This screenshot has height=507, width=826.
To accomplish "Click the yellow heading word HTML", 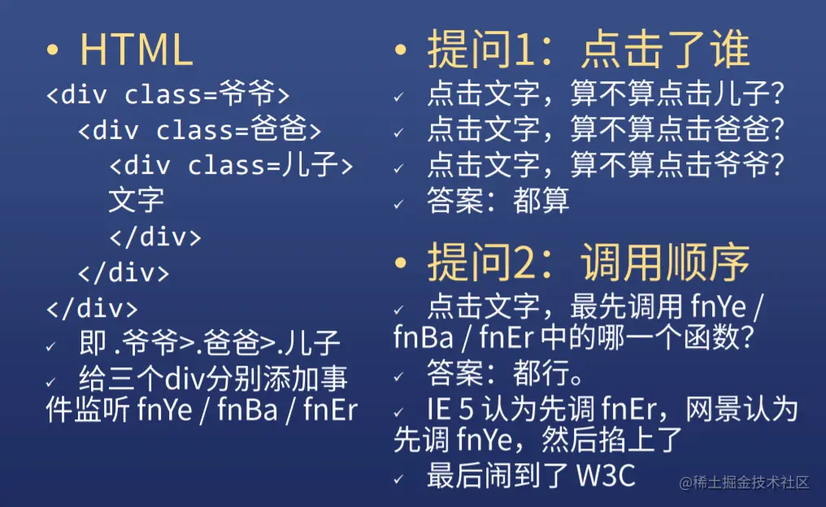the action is pyautogui.click(x=136, y=50).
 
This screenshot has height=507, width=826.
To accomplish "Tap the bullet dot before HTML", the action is pyautogui.click(x=52, y=50).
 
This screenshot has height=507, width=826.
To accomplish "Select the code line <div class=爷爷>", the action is pyautogui.click(x=168, y=93).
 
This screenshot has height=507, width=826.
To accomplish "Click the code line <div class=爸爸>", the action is pyautogui.click(x=200, y=129).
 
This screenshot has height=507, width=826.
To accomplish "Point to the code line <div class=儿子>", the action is pyautogui.click(x=231, y=165).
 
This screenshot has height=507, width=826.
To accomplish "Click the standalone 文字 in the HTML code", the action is pyautogui.click(x=136, y=200).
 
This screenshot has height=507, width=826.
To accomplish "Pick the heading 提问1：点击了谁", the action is pyautogui.click(x=589, y=49).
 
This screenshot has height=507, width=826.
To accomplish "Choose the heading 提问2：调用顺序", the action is pyautogui.click(x=589, y=262).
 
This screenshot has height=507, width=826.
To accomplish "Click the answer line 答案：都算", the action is pyautogui.click(x=498, y=201).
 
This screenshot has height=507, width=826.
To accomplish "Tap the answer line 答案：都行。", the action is pyautogui.click(x=505, y=373).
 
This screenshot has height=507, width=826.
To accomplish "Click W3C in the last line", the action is pyautogui.click(x=606, y=476).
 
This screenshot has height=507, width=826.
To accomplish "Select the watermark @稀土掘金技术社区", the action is pyautogui.click(x=744, y=483).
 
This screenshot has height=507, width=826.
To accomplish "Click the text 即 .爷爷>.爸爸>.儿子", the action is pyautogui.click(x=210, y=343).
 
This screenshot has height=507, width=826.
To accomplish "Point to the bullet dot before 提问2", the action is pyautogui.click(x=400, y=262).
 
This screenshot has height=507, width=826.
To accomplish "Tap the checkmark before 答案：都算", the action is pyautogui.click(x=399, y=204).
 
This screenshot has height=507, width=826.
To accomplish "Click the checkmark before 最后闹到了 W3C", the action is pyautogui.click(x=399, y=479).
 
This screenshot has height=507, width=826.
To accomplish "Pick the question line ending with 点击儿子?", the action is pyautogui.click(x=606, y=93).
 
